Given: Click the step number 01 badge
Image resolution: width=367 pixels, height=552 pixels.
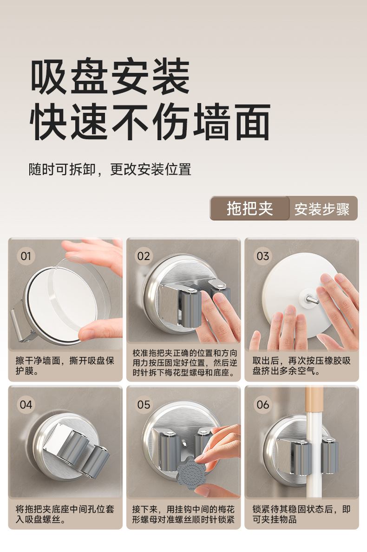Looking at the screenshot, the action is click(26, 256).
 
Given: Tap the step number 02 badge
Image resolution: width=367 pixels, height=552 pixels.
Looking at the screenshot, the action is click(144, 256).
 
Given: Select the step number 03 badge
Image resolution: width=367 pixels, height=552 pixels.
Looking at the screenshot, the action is click(262, 256).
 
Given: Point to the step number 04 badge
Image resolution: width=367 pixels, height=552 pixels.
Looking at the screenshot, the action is click(26, 404).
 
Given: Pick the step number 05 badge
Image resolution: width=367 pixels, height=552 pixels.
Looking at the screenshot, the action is click(144, 404).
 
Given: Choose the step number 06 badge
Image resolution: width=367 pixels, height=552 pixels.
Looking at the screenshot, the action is click(262, 404).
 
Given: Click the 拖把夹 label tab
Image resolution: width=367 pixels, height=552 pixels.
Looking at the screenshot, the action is click(250, 208).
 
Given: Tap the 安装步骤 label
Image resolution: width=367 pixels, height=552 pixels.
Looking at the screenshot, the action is click(322, 209).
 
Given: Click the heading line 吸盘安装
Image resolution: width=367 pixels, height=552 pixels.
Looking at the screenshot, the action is click(110, 77).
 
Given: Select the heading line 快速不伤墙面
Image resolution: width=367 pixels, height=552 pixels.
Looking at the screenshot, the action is click(150, 122).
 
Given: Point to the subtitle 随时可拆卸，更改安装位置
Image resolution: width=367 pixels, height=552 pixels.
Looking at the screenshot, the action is click(110, 169).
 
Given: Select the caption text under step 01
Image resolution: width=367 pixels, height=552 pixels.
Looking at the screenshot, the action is click(65, 366).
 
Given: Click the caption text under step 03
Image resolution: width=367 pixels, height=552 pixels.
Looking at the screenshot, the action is click(301, 366).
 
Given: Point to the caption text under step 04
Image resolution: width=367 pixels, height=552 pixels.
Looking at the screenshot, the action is click(65, 514).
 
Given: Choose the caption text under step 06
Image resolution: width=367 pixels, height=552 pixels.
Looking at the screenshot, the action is click(301, 514).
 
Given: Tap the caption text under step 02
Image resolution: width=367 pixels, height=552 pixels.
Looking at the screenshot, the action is click(184, 363).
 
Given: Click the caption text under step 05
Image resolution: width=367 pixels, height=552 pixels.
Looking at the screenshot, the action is click(183, 514).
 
